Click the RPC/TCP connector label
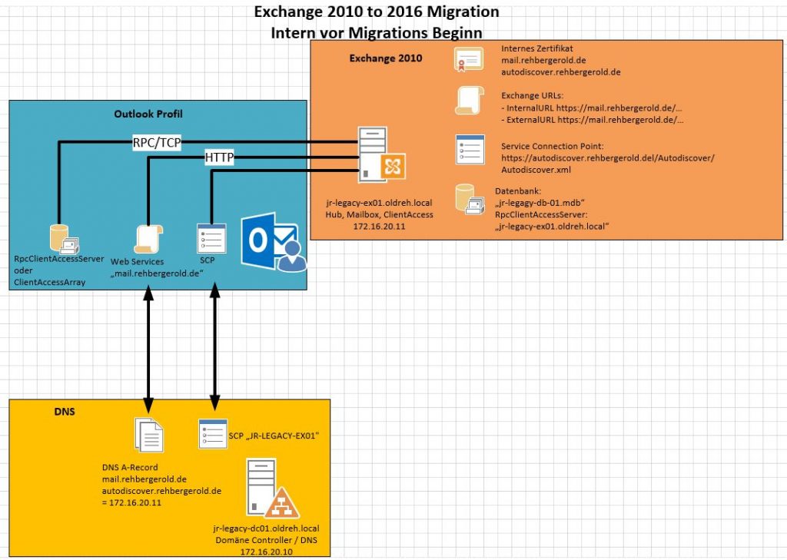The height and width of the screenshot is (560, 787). coord(156,142)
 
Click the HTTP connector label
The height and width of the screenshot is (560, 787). coord(219,157)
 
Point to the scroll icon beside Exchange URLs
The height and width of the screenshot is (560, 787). coord(468,102)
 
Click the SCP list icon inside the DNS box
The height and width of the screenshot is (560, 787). coord(211,434)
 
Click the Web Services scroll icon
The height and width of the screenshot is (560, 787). coord(146,240)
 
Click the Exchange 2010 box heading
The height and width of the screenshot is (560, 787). coord(386,58)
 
